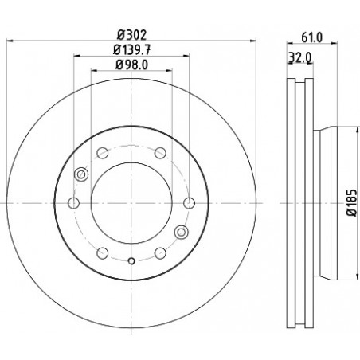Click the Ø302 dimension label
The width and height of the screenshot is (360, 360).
131,34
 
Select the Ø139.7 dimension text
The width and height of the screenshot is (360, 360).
131,49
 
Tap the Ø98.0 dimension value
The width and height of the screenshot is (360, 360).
131,65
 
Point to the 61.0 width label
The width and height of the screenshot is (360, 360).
311,37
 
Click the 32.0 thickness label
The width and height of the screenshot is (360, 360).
300,57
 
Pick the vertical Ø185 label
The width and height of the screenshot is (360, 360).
353,202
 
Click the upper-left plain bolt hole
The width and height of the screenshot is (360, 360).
103,153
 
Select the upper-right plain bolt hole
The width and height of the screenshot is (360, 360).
160,153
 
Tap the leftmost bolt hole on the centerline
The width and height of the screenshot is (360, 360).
73,203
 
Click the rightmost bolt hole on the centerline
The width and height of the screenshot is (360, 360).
189,203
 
